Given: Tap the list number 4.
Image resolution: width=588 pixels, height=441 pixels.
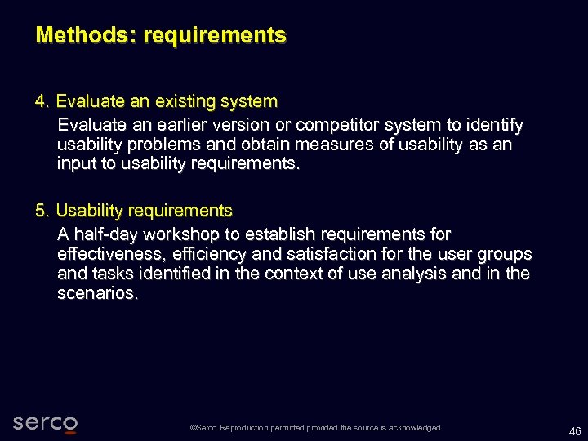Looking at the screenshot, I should tap(41, 102).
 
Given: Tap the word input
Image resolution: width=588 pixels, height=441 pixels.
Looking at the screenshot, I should tap(74, 163).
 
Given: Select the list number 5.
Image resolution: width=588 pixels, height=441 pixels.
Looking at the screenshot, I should tap(41, 212).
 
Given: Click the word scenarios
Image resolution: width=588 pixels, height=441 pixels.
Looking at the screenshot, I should tap(97, 293).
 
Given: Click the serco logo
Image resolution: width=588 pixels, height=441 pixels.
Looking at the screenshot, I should tap(46, 423).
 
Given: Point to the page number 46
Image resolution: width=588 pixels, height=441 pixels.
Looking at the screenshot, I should tap(575, 430).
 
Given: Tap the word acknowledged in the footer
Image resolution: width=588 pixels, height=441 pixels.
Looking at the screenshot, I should tap(414, 428).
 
